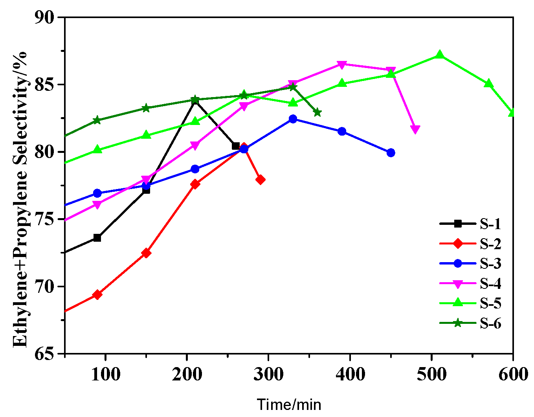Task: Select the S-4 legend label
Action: coord(490,283)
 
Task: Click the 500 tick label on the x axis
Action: coord(431,374)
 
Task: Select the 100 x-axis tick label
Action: coord(105,374)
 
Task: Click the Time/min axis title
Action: coord(289,404)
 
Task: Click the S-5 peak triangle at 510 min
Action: coord(440,55)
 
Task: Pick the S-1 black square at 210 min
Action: coord(195,100)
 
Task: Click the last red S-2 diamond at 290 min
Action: coord(260,180)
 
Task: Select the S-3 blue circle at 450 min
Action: coord(391,152)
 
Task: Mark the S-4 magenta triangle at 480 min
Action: coord(415,130)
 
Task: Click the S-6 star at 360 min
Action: coord(317,113)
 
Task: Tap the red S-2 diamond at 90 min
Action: coord(97,294)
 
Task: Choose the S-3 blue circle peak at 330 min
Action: coord(293,119)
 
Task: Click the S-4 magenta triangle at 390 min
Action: coord(342,64)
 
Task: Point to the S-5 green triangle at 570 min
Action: coord(489,83)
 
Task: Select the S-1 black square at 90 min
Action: coord(97,238)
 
